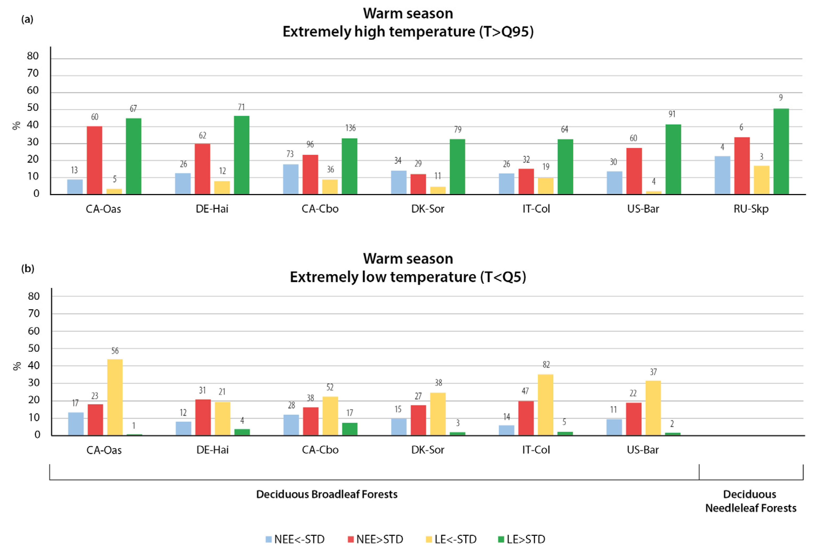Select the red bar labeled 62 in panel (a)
click(x=203, y=169)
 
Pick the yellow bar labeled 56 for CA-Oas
click(x=115, y=397)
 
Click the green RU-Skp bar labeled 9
click(x=781, y=151)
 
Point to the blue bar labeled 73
click(x=291, y=179)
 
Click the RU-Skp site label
click(x=751, y=209)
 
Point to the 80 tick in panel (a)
click(x=33, y=56)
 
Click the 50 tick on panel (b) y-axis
click(x=34, y=348)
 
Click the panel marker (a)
click(x=27, y=19)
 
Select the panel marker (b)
click(x=28, y=269)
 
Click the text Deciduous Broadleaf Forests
click(x=327, y=494)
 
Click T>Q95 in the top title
click(x=506, y=32)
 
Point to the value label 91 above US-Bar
click(x=672, y=114)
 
